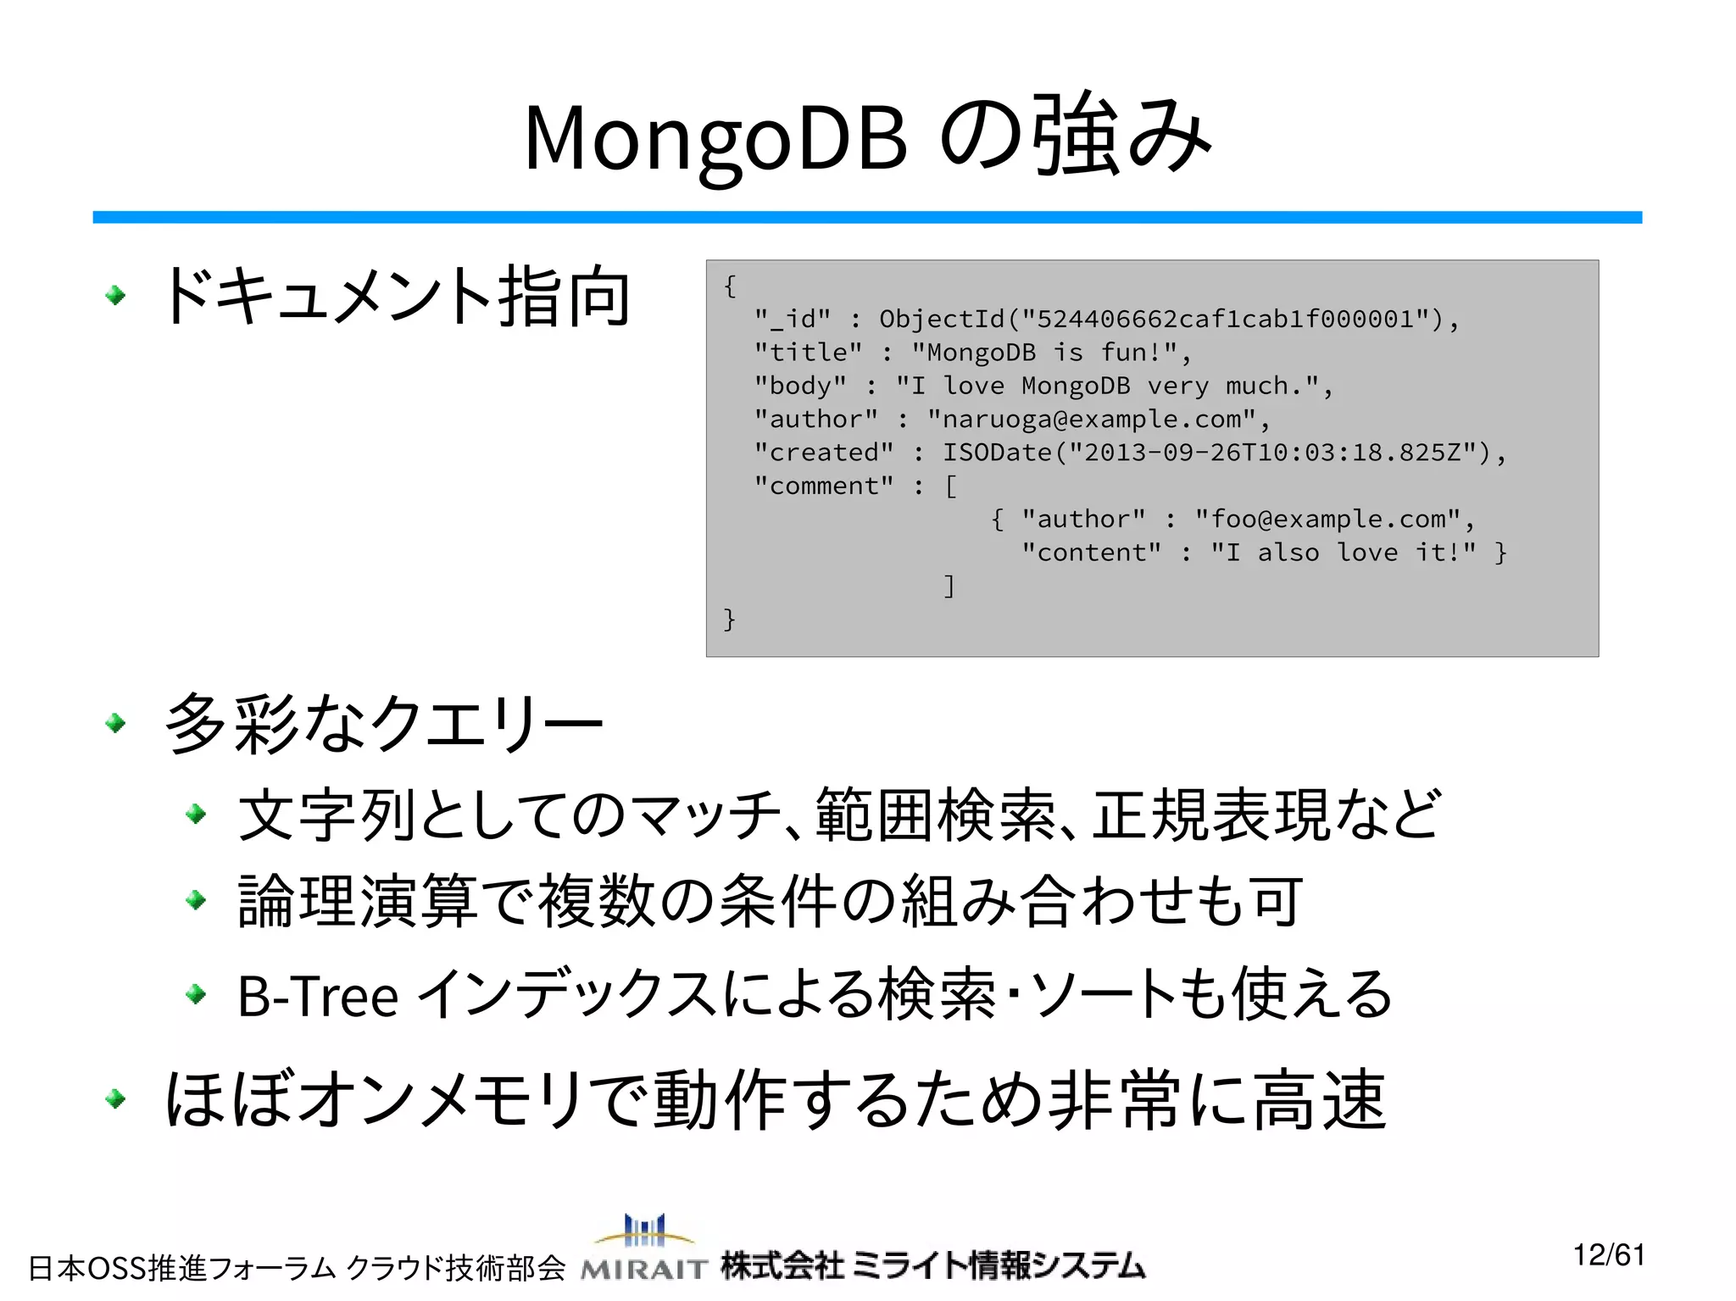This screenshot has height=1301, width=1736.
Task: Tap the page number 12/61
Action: [x=1608, y=1254]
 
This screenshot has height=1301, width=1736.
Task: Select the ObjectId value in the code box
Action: [x=1161, y=320]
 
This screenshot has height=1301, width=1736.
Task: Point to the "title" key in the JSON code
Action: [x=808, y=353]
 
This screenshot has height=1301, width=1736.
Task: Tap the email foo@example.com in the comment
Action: [x=1327, y=519]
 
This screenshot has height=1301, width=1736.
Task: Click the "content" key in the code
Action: [x=1091, y=553]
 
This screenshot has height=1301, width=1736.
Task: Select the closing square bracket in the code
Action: [x=949, y=586]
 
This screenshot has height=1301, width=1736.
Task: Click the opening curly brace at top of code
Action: [x=729, y=286]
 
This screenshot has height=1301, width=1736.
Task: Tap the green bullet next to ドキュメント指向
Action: [x=115, y=296]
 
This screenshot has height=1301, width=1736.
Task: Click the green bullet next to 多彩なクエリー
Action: [x=115, y=723]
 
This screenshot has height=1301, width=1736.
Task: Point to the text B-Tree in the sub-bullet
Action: [x=318, y=996]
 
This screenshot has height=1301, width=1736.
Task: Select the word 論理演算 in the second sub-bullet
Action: [x=358, y=902]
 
